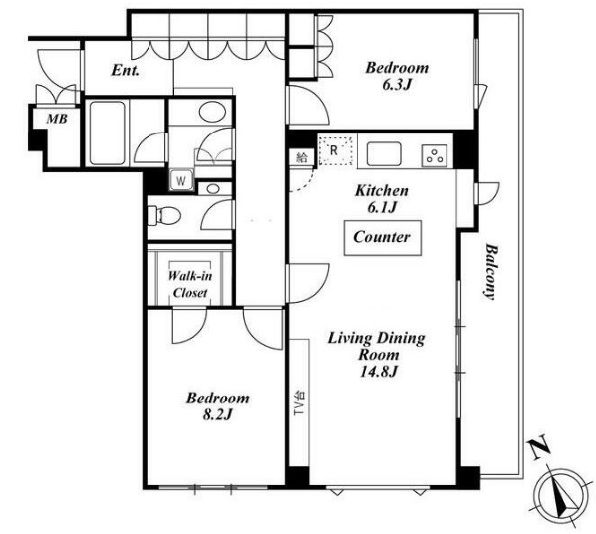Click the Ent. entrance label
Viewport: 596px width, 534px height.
pos(125,70)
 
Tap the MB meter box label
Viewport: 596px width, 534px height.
pos(57,119)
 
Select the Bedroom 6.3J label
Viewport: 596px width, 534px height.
pos(397,76)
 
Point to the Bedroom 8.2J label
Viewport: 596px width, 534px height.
pos(218,406)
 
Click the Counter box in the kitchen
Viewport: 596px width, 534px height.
pos(383,238)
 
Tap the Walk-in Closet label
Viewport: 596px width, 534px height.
pos(190,284)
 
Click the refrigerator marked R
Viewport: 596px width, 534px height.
pos(335,150)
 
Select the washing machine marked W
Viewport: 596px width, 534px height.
pos(181,180)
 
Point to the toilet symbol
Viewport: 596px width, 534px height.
pos(164,215)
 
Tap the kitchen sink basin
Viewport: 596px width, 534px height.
pos(384,153)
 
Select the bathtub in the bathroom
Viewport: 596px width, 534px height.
pos(108,133)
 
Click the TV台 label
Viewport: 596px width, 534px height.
pos(300,402)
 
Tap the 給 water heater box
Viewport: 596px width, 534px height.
pos(302,157)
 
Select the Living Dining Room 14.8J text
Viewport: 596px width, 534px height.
pos(377,355)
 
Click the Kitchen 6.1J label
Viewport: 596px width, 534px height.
pos(382,199)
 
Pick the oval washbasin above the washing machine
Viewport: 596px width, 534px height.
pos(212,111)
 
